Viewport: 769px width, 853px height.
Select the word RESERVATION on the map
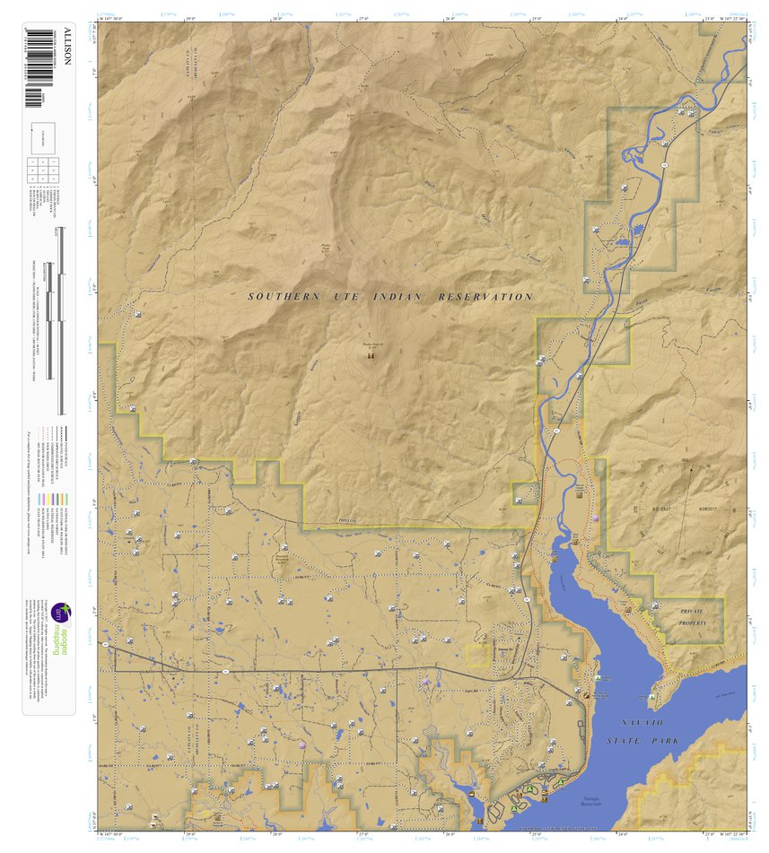tap(485, 296)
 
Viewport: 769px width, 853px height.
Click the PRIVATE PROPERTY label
tap(693, 616)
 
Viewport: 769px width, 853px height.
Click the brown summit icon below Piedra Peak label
tap(370, 356)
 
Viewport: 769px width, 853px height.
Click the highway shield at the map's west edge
tap(106, 645)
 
